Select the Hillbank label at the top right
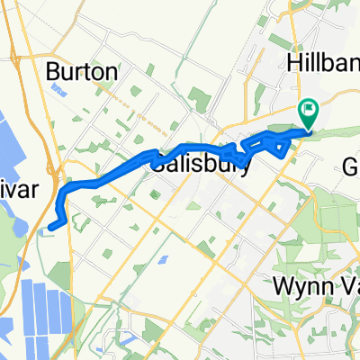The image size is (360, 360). pyautogui.click(x=325, y=61)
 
